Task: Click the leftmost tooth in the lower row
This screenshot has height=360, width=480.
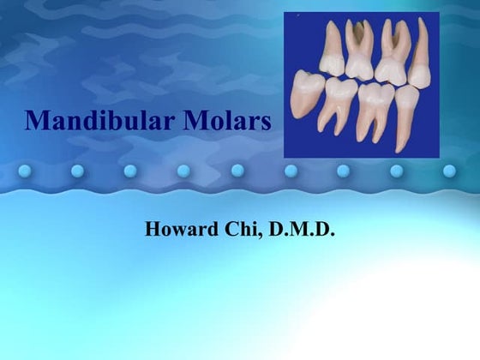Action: [306, 93]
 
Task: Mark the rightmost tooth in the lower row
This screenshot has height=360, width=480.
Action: [408, 116]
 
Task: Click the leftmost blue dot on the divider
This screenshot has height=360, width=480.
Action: [23, 171]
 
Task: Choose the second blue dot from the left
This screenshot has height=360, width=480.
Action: [77, 171]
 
